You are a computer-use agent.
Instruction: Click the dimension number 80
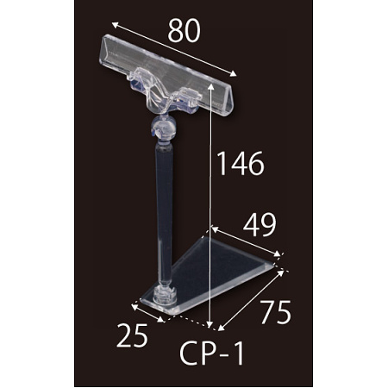point(184,31)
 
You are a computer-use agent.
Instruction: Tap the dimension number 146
point(241,163)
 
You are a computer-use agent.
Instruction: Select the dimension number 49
point(260,225)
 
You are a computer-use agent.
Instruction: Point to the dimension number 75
point(276,312)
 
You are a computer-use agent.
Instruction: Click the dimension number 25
point(132,335)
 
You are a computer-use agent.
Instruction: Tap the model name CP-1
point(212,353)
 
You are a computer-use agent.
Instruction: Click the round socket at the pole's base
point(165,295)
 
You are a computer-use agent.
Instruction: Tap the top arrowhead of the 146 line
point(211,86)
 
